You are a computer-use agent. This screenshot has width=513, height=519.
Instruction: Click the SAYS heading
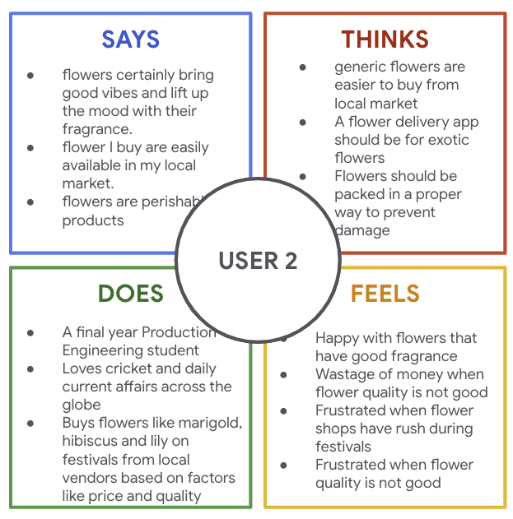[x=130, y=39]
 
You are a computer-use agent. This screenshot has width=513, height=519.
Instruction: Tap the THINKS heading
[x=385, y=39]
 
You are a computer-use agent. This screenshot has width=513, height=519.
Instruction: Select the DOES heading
[x=130, y=293]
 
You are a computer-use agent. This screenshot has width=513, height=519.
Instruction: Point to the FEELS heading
[x=385, y=293]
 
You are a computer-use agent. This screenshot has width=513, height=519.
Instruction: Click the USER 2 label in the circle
[x=258, y=261]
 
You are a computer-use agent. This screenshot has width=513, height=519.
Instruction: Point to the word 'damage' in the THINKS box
[x=363, y=229]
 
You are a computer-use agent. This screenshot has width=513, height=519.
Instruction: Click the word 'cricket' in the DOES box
[x=128, y=368]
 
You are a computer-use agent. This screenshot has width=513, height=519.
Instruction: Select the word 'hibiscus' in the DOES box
[x=90, y=441]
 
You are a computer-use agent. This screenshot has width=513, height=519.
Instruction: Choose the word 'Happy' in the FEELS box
[x=338, y=338]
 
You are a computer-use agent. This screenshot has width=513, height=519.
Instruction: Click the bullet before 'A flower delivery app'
[x=303, y=122]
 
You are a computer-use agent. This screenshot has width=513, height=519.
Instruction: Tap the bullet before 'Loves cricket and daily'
[x=30, y=368]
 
